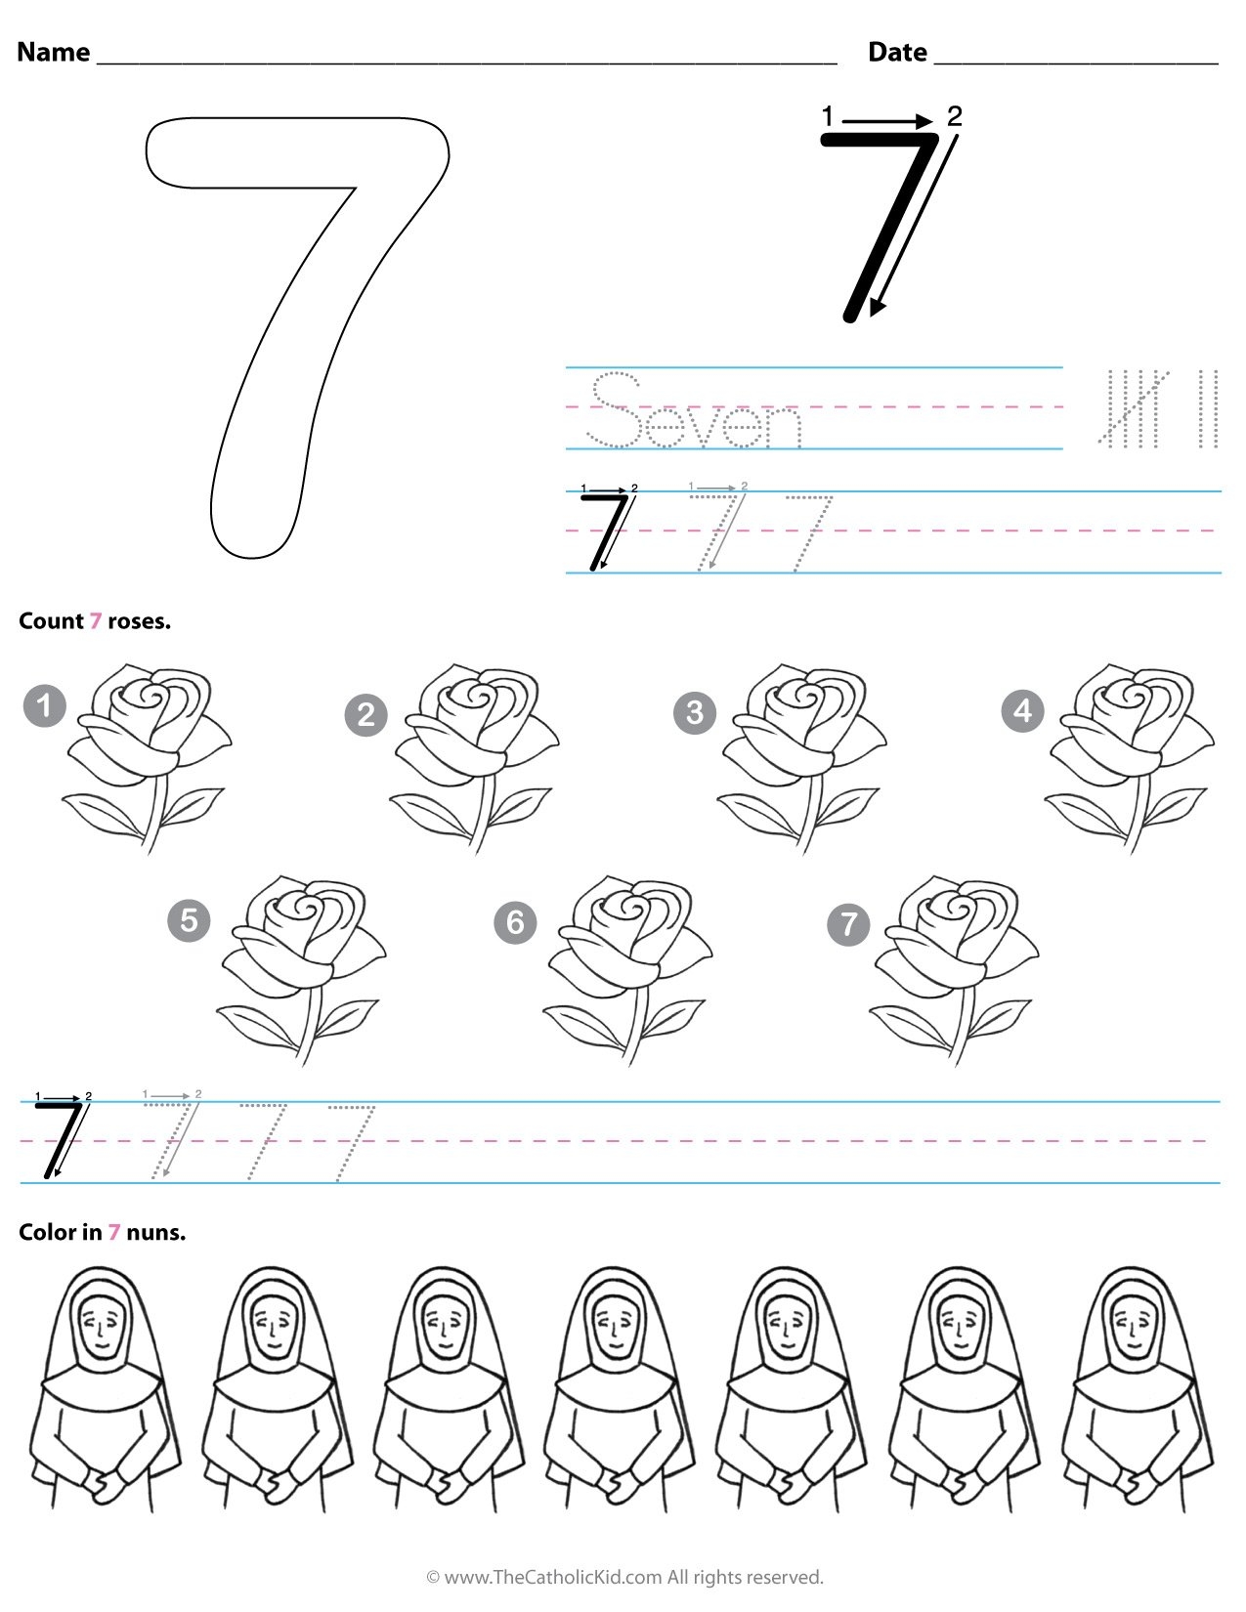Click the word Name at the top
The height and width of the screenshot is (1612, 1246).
tap(54, 52)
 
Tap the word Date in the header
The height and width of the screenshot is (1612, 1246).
tap(897, 52)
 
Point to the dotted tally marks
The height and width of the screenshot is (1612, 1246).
tap(1159, 407)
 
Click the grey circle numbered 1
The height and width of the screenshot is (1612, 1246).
tap(44, 705)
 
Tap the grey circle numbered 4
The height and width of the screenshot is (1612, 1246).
tap(1022, 710)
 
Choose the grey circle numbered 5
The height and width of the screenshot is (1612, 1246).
tap(189, 920)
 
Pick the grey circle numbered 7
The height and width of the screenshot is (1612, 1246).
tap(848, 923)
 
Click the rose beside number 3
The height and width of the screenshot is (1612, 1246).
tap(801, 752)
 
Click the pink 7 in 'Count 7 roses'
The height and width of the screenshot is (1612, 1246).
tap(96, 621)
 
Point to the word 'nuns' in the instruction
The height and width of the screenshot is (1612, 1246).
tap(155, 1233)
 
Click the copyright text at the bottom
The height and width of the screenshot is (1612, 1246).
tap(624, 1577)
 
